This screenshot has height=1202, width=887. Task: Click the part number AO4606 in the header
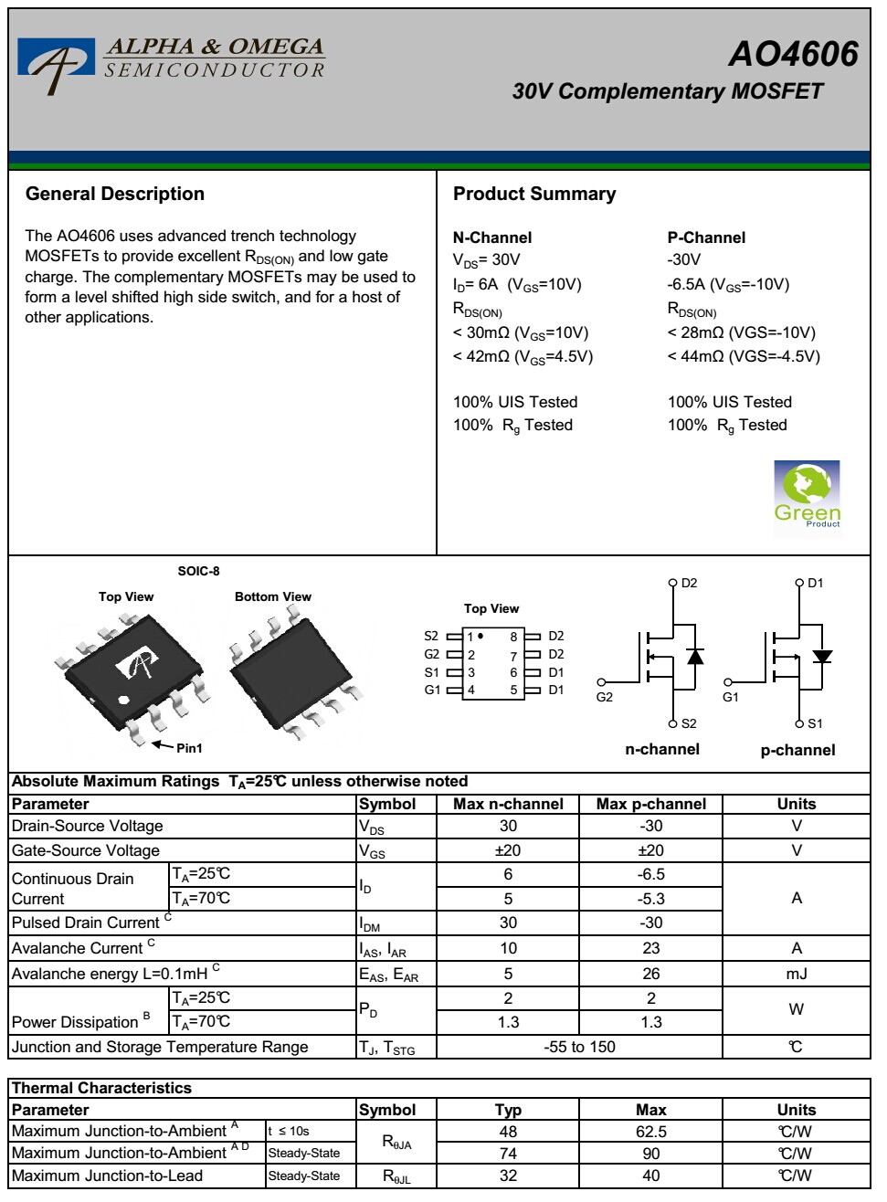click(x=793, y=55)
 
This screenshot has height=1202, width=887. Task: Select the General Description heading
click(x=115, y=194)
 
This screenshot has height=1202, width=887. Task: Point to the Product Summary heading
click(x=534, y=194)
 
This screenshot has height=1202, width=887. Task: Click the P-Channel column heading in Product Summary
click(x=706, y=237)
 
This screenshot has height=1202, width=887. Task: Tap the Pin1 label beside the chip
click(x=189, y=748)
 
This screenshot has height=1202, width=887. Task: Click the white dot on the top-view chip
click(x=124, y=701)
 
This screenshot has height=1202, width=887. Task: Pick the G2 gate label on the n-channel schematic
click(x=605, y=697)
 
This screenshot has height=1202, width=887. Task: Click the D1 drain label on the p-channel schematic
click(x=816, y=583)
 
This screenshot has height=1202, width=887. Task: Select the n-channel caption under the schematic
click(x=662, y=749)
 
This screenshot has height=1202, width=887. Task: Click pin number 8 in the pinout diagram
click(x=513, y=637)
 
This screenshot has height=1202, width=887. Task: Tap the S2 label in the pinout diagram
click(x=431, y=636)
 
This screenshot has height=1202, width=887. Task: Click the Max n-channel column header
click(x=508, y=804)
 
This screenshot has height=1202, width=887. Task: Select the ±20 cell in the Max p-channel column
click(x=650, y=850)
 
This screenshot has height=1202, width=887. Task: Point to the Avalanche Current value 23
click(x=650, y=948)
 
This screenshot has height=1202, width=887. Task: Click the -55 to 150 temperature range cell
click(x=579, y=1047)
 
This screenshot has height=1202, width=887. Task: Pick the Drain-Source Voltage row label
click(x=88, y=826)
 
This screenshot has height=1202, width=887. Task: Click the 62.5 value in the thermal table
click(x=650, y=1132)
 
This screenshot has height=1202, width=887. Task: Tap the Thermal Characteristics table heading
click(x=102, y=1088)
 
